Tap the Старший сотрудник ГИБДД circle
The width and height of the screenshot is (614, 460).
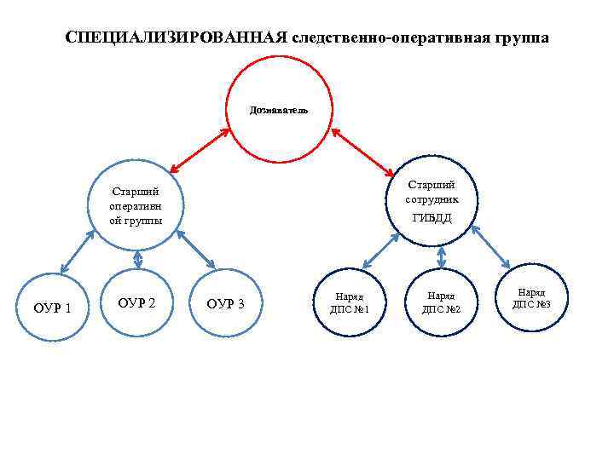(432, 201)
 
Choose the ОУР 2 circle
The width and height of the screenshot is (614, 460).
(136, 302)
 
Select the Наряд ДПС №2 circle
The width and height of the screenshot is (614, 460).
(441, 302)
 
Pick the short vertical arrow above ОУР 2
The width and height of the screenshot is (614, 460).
(137, 258)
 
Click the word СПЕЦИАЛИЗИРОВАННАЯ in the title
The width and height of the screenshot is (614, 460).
(176, 39)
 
